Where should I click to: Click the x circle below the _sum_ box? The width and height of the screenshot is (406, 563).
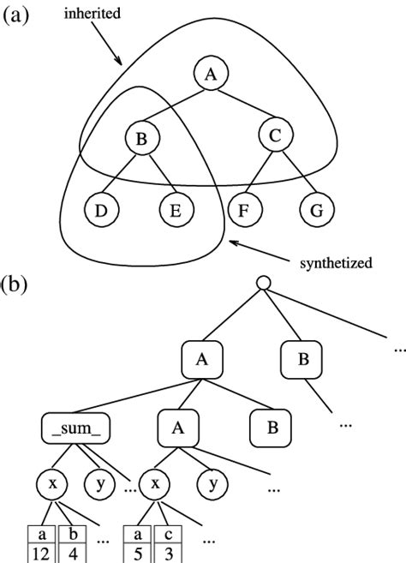(51, 485)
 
